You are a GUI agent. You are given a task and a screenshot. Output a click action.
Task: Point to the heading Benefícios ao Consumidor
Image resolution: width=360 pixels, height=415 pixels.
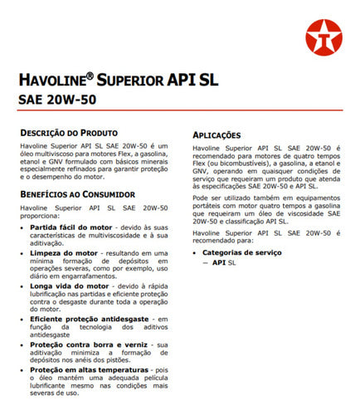(72, 192)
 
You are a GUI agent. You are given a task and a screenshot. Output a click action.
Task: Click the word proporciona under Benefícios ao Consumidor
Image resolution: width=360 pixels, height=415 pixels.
(40, 213)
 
